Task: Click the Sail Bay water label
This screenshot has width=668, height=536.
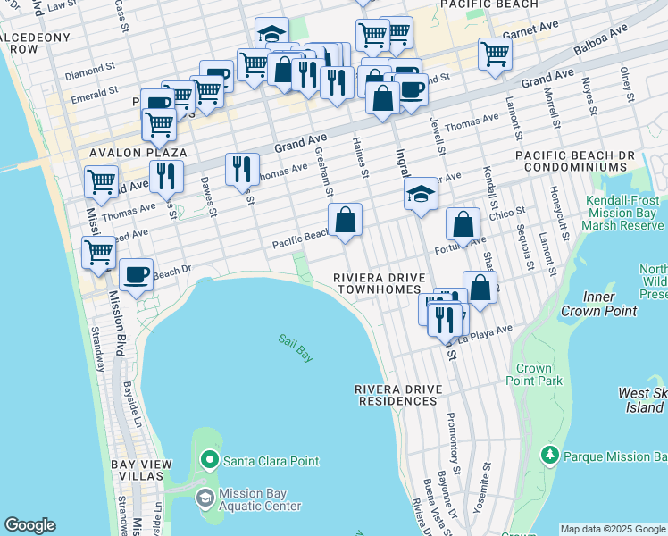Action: click(295, 348)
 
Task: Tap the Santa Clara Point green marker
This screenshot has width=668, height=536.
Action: click(210, 461)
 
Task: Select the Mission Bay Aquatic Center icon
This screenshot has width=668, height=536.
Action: click(205, 498)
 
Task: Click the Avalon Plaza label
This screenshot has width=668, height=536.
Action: click(123, 153)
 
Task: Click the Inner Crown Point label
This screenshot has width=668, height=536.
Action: click(598, 304)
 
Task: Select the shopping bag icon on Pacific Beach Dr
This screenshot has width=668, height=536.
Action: click(345, 220)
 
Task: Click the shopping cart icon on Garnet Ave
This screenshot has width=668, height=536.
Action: click(495, 54)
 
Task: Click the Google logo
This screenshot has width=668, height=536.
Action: click(30, 525)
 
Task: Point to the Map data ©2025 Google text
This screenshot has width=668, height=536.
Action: click(613, 529)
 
